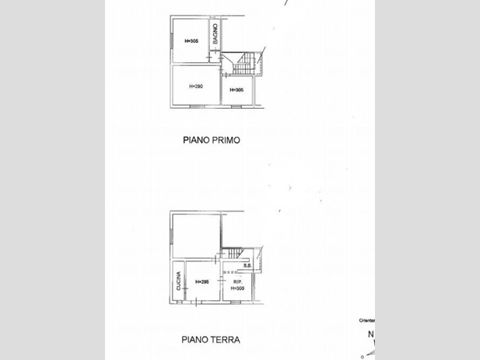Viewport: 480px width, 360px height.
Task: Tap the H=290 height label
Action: [x=195, y=86]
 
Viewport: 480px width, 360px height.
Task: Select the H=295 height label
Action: [x=201, y=281]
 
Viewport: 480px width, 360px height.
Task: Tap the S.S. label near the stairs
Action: [x=247, y=266]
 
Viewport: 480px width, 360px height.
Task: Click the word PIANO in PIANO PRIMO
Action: [x=197, y=141]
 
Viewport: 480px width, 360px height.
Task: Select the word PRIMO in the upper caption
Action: [x=226, y=141]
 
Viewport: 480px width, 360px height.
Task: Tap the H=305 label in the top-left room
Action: [x=191, y=40]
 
